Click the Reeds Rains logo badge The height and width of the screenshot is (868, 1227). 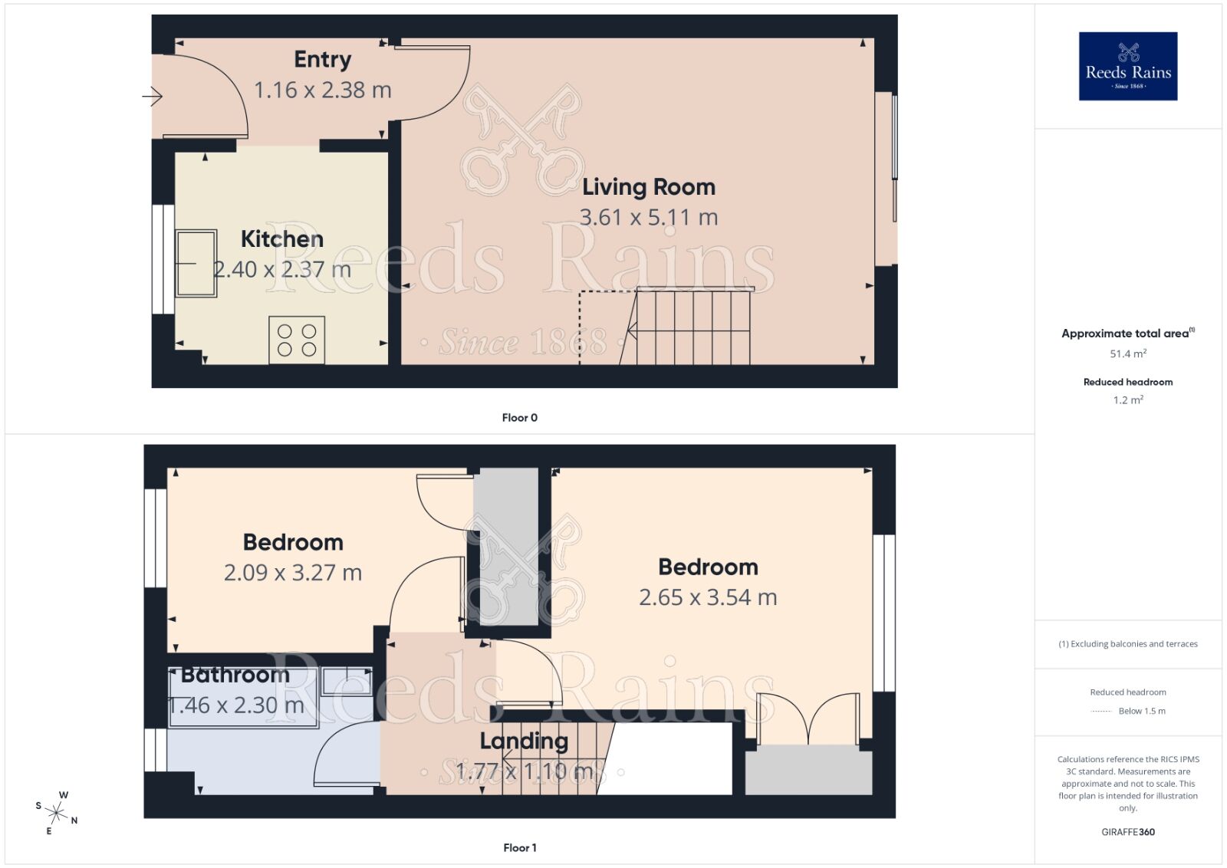click(1127, 66)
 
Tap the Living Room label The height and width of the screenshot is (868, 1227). click(648, 187)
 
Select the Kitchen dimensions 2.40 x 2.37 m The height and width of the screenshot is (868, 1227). click(281, 270)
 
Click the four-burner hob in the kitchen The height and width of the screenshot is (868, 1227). click(297, 340)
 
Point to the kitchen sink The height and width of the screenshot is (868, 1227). click(196, 263)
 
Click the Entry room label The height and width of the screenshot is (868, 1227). click(322, 60)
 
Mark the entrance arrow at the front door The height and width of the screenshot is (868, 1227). click(153, 97)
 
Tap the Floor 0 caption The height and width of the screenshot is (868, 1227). click(519, 418)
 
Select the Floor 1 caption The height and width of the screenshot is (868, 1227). click(519, 848)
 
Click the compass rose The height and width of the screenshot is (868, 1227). click(57, 812)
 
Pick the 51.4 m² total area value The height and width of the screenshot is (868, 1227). click(1127, 354)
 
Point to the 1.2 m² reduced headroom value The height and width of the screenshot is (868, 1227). click(1127, 400)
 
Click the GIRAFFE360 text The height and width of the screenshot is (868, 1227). click(1127, 832)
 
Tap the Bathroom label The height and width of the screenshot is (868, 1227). click(235, 676)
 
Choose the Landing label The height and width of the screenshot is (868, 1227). click(524, 741)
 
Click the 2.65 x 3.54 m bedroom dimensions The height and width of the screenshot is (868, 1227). click(707, 598)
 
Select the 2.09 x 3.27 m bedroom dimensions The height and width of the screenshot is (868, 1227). click(292, 574)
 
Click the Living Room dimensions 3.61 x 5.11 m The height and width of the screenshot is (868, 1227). click(648, 218)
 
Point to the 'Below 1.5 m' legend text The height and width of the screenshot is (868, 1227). click(1141, 712)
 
